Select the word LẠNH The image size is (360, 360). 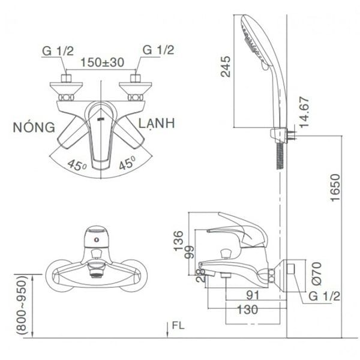pos(155,124)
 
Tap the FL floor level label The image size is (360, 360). pos(178,326)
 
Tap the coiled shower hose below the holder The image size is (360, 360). pos(278,155)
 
